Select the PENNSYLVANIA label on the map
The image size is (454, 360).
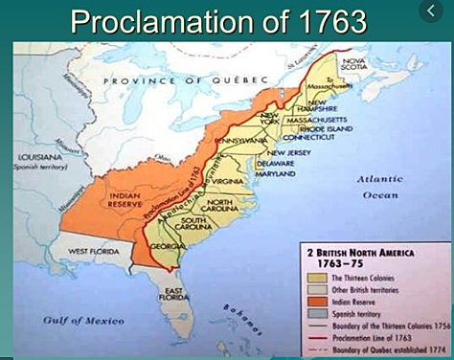[x=243, y=140]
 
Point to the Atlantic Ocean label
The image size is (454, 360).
[x=381, y=187]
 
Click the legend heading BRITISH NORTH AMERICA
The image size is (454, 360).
[x=375, y=252]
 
